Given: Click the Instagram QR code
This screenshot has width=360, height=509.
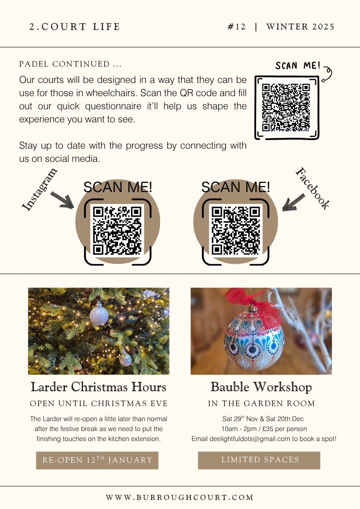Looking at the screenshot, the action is (x=117, y=230).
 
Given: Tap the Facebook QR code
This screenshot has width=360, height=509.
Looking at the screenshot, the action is (x=236, y=230).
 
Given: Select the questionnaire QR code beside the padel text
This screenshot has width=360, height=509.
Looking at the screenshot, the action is (x=286, y=107).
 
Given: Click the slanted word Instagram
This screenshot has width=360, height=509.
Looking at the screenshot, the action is (x=39, y=189).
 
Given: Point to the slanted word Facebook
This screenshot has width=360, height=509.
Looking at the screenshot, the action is (x=313, y=188).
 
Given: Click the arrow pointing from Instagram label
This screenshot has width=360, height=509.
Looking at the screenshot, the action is (x=62, y=199).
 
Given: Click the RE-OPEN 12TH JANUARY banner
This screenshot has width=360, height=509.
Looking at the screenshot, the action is (x=97, y=461).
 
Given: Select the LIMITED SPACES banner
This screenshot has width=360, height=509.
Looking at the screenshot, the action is (x=259, y=461).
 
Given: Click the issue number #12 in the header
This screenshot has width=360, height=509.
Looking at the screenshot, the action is (x=237, y=27).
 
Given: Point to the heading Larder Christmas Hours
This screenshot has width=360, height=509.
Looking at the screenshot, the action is (x=98, y=387).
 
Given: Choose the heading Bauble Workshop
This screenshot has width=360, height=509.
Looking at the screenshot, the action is (x=261, y=387).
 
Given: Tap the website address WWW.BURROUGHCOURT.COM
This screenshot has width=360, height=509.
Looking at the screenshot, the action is (x=180, y=497).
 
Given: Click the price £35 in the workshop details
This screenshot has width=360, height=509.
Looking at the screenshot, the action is (x=268, y=429).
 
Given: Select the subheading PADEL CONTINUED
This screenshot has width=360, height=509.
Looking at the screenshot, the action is (x=70, y=64).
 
